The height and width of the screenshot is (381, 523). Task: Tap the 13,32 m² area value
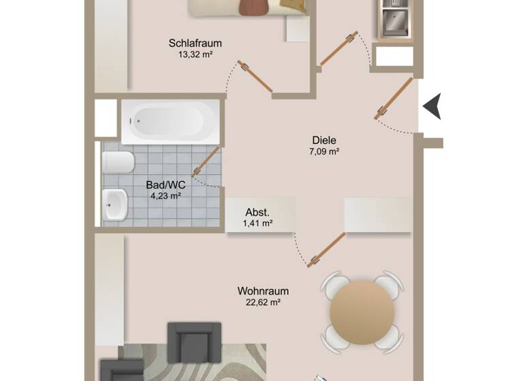pos(195,55)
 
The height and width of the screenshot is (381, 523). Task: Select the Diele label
pos(324,141)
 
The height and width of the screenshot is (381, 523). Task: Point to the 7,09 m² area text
pos(324,152)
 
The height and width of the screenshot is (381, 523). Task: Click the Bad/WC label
pos(165,184)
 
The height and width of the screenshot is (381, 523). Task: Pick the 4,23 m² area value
pos(165,195)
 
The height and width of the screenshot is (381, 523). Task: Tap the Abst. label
pos(258,211)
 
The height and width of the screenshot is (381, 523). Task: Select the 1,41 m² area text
pos(258,222)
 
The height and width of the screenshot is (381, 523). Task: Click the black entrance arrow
pos(432,107)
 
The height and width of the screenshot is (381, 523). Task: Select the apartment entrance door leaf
pos(395,99)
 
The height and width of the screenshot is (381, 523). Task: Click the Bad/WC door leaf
pos(206,162)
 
